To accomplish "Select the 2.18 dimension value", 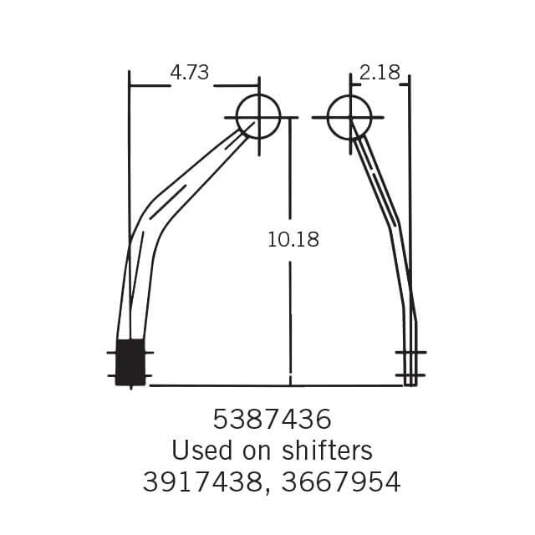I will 380,73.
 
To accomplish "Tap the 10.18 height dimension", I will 293,240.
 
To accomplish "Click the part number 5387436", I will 272,418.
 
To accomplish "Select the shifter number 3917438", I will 202,482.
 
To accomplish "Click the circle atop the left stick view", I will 258,116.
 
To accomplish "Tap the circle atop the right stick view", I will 349,116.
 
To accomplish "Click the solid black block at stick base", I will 130,363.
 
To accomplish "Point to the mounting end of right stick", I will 410,364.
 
